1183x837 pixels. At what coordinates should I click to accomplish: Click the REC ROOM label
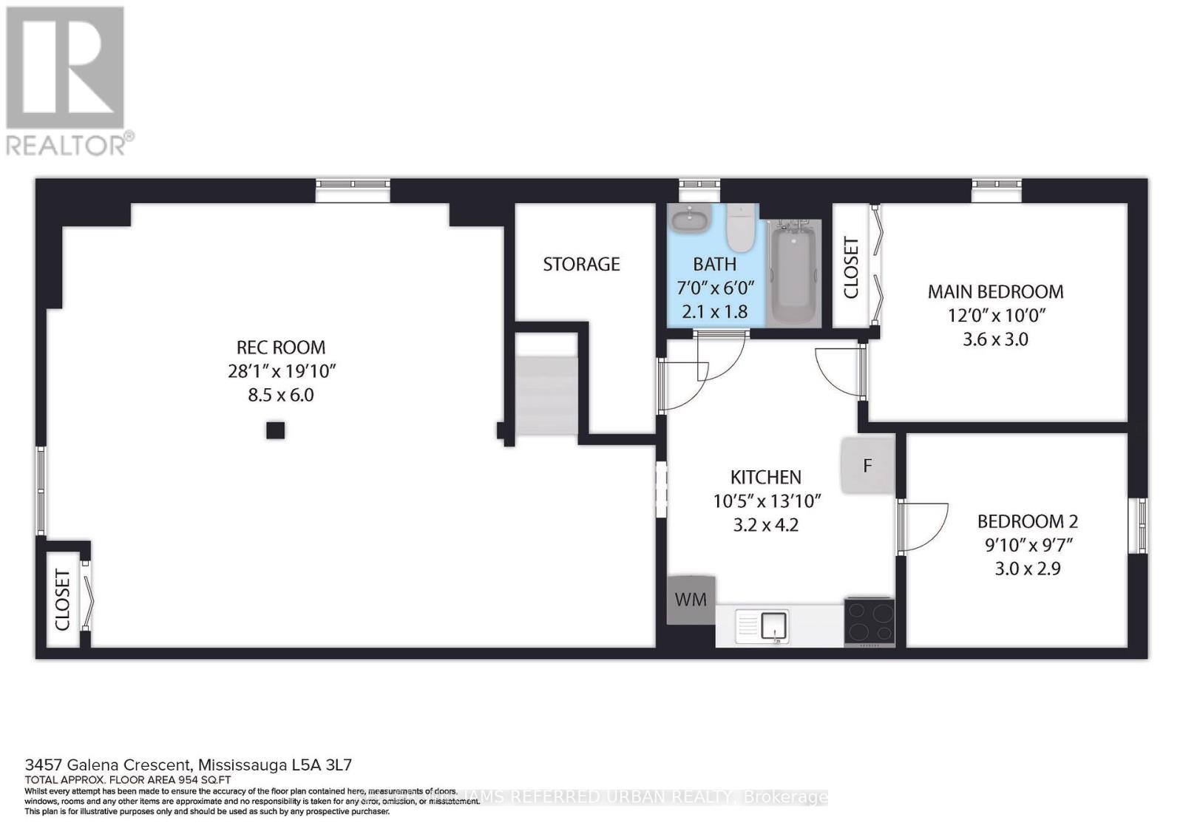coord(280,347)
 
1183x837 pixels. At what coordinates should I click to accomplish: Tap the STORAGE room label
coord(581,264)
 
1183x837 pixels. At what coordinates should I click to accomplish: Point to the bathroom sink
coord(691,218)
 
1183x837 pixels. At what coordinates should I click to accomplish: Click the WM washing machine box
coord(691,599)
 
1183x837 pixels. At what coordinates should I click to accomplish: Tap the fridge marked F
coord(867,465)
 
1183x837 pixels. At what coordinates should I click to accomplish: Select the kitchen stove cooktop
coord(870,621)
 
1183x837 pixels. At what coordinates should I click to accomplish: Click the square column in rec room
coord(275,430)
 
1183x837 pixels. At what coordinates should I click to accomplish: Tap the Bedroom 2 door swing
coord(923,526)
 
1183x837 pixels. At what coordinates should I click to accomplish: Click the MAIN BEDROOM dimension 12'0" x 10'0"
coord(996,315)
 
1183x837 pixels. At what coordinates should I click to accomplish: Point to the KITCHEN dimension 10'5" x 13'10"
coord(767,501)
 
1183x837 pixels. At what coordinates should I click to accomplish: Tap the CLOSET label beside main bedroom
coord(851,267)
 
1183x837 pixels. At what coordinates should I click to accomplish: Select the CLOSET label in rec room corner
coord(63,600)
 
